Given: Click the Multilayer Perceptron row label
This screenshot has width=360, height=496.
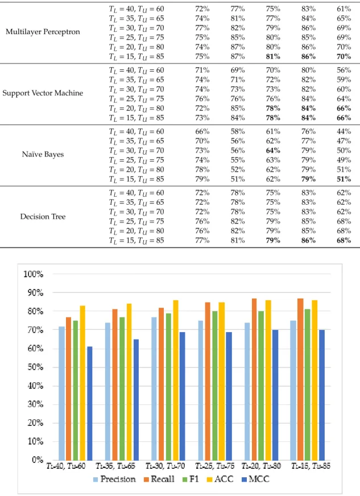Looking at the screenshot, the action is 43,32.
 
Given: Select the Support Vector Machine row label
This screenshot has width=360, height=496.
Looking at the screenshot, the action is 43,93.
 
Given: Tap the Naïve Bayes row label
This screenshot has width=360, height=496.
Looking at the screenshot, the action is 43,154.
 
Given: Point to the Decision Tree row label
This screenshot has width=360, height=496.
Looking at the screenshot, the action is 43,217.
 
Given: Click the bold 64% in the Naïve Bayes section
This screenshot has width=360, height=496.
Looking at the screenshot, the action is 273,150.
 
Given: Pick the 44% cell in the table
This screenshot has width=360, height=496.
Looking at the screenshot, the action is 344,131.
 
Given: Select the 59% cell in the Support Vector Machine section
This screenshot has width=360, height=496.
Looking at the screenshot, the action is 344,80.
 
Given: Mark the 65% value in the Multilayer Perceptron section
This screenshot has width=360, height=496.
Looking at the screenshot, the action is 344,18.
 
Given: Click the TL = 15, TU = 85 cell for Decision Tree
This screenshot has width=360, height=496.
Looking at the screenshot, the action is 136,241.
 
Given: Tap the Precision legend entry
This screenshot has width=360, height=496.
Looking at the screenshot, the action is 114,480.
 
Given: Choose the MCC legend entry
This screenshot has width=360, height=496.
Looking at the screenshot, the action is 255,480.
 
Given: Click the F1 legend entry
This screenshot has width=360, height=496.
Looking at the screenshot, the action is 191,480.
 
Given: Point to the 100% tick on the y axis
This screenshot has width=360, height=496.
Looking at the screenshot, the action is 33,274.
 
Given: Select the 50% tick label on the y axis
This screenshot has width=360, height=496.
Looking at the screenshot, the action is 35,367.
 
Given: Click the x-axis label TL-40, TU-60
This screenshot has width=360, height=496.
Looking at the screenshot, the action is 66,466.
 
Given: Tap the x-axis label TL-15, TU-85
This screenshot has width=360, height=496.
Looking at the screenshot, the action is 311,466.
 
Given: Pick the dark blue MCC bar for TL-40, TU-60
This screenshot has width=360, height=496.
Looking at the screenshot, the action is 89,403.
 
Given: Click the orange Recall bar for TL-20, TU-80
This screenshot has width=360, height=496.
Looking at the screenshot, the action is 254,379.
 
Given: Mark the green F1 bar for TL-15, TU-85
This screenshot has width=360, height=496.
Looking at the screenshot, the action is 308,385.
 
